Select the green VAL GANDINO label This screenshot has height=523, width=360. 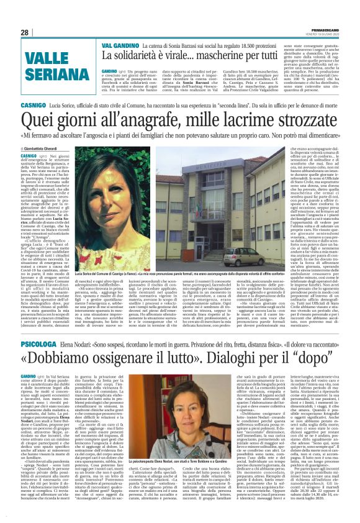point(115,45)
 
